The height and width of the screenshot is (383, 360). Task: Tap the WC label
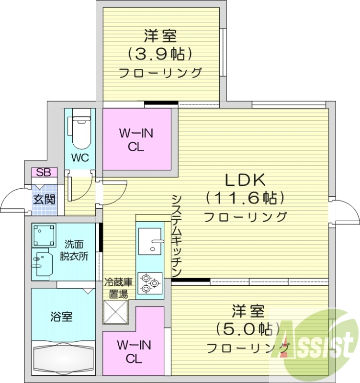pyautogui.click(x=79, y=158)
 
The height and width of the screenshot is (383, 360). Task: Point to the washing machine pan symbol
pyautogui.click(x=44, y=235)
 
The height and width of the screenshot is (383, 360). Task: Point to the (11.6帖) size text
pyautogui.click(x=245, y=197)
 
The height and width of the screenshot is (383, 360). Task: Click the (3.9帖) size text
pyautogui.click(x=160, y=54)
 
